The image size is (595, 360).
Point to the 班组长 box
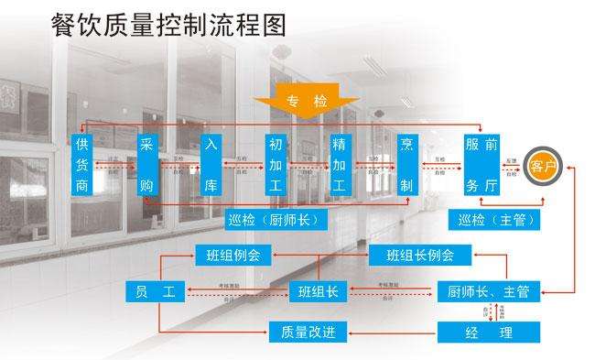tap(319, 292)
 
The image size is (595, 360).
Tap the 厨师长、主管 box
tap(488, 292)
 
